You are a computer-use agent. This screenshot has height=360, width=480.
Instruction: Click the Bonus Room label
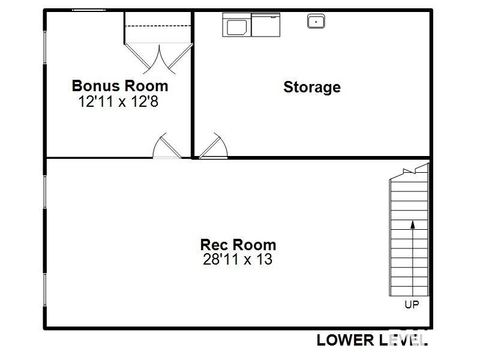(120, 85)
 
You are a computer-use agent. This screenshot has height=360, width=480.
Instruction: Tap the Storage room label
(312, 87)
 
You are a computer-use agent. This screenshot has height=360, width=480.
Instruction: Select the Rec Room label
(238, 245)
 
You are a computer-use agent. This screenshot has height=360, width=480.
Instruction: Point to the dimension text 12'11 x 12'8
(118, 101)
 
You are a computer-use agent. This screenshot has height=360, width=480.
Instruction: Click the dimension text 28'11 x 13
(238, 260)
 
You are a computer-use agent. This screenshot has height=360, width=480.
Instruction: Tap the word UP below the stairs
(412, 305)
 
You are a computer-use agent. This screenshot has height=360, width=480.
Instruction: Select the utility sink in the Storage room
(316, 22)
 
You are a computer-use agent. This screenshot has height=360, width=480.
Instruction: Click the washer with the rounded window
(236, 25)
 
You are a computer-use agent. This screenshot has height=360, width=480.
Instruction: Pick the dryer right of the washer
(265, 25)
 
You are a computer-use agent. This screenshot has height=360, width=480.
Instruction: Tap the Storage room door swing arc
(213, 147)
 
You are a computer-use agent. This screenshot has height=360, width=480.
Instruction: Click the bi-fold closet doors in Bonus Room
(159, 56)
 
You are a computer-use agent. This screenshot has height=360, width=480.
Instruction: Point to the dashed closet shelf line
(158, 25)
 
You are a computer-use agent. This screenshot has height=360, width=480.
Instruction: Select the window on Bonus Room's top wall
(89, 10)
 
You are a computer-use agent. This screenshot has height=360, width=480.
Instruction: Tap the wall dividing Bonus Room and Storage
(193, 84)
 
